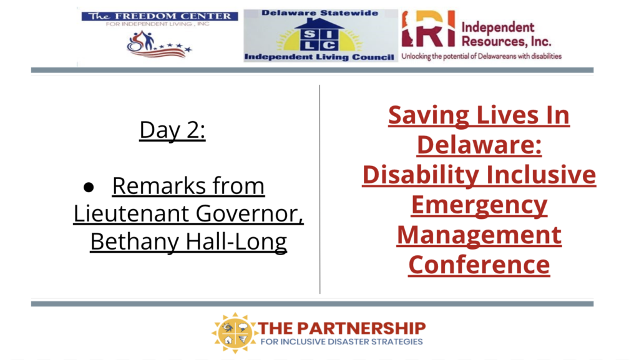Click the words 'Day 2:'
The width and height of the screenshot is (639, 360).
point(172,130)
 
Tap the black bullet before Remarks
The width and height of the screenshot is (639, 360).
point(89,187)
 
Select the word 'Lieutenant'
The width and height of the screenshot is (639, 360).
point(130,213)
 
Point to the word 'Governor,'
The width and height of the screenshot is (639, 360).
point(250,214)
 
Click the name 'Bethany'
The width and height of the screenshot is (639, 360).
point(135,241)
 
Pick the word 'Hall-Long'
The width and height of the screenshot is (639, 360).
point(237,241)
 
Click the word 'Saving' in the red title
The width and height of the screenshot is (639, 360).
point(429,115)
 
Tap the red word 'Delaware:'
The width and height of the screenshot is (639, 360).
point(479,145)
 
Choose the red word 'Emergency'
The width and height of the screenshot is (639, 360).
point(479,205)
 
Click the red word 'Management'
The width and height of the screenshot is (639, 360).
point(479,235)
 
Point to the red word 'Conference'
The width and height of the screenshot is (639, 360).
point(479,265)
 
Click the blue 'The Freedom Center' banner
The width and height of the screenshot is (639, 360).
point(160,16)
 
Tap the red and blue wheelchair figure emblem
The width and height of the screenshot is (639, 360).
point(158,44)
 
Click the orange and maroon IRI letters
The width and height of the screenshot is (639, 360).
point(428,29)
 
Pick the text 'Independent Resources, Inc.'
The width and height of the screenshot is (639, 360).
point(506,34)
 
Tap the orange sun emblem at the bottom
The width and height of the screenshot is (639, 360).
point(235,333)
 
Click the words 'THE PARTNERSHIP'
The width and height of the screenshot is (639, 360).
point(342,328)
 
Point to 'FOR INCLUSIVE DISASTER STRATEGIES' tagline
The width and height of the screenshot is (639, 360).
point(342,342)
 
